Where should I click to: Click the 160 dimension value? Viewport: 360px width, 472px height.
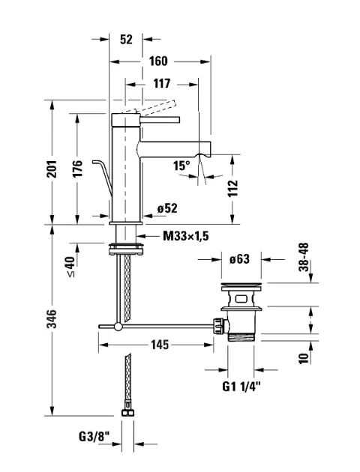point(158,61)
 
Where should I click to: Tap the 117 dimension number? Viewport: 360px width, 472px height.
point(162,84)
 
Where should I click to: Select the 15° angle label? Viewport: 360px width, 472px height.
point(181,166)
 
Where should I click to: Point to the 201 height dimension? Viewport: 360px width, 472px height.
point(52,169)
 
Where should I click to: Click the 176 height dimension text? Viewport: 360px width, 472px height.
point(77,169)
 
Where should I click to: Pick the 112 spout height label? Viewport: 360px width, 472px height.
point(232,189)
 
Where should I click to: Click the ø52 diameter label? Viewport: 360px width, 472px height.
point(167,208)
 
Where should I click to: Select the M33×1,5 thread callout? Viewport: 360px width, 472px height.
point(186,236)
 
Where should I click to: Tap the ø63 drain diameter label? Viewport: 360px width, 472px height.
point(239,259)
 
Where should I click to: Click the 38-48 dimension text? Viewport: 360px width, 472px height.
point(304,257)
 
